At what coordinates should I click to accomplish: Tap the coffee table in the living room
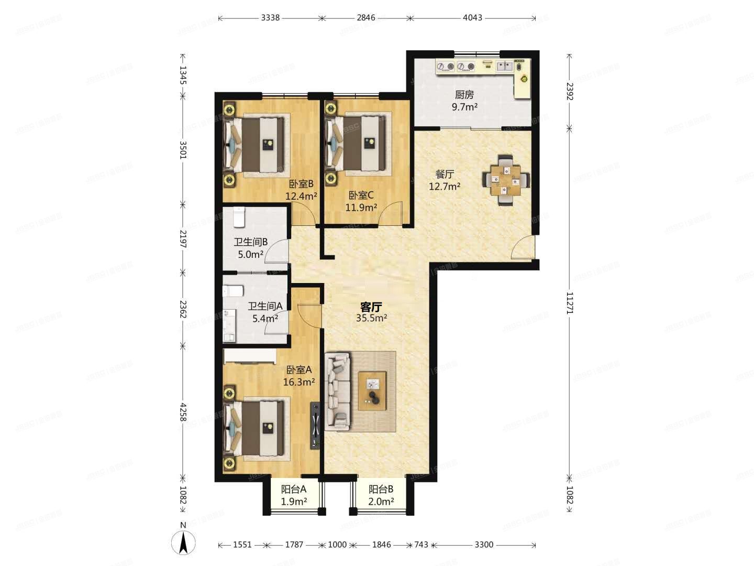tap(372, 391)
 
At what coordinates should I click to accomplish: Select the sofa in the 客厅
tap(338, 391)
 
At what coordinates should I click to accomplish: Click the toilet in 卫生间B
tap(239, 217)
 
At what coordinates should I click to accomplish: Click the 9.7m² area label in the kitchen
tap(464, 107)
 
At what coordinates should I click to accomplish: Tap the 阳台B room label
tap(381, 489)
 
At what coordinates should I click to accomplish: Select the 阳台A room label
tap(294, 489)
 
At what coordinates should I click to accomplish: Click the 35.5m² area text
tap(371, 318)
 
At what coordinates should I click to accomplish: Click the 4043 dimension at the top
tap(472, 17)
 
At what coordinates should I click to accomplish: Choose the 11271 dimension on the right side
tap(570, 303)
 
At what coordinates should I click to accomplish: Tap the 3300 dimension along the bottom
tap(484, 545)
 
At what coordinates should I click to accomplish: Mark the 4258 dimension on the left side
tap(183, 412)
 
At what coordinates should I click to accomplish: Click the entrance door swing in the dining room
tap(523, 247)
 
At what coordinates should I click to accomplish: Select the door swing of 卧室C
tap(390, 214)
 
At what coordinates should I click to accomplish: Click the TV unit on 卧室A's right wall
tap(315, 426)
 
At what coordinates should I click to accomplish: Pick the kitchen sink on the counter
tap(504, 66)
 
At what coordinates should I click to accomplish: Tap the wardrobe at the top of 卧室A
tap(250, 356)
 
